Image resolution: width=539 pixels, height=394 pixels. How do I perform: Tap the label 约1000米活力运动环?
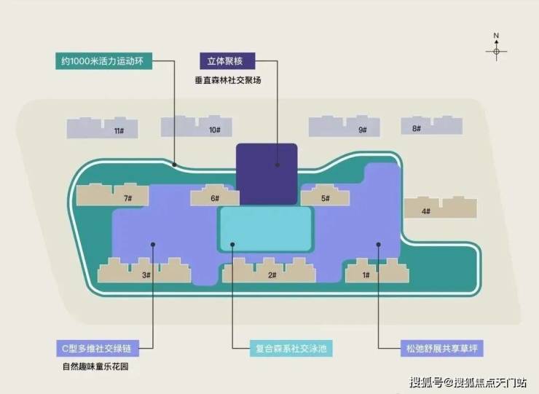coord(104,61)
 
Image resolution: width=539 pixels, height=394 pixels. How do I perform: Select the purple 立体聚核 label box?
coord(227,61)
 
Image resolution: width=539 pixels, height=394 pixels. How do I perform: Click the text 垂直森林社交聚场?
coord(228,80)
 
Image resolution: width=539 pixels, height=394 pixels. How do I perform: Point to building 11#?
coord(103,128)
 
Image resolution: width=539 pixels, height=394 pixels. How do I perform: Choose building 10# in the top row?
coord(196,127)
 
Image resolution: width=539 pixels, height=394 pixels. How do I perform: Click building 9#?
coord(344,127)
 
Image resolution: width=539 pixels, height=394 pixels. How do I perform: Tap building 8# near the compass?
coord(431,125)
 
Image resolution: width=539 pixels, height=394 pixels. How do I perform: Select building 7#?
coord(112,194)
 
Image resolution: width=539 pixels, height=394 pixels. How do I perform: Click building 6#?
coord(215,195)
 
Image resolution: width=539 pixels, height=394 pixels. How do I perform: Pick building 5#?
coord(325,195)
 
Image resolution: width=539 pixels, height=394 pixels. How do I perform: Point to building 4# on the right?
coord(441,208)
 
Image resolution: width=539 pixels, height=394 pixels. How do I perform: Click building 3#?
coord(144,270)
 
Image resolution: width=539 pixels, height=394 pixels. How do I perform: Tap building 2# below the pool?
coord(269,270)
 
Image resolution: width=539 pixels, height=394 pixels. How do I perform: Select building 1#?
coord(377,270)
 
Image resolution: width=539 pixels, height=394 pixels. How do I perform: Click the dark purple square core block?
coord(267,174)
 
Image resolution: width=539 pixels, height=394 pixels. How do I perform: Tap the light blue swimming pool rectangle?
coord(265,229)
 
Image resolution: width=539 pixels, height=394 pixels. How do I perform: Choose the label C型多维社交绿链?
coord(98,348)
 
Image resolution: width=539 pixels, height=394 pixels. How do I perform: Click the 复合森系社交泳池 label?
coord(291,348)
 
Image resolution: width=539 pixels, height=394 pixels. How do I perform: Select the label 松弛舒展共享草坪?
coord(441,348)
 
